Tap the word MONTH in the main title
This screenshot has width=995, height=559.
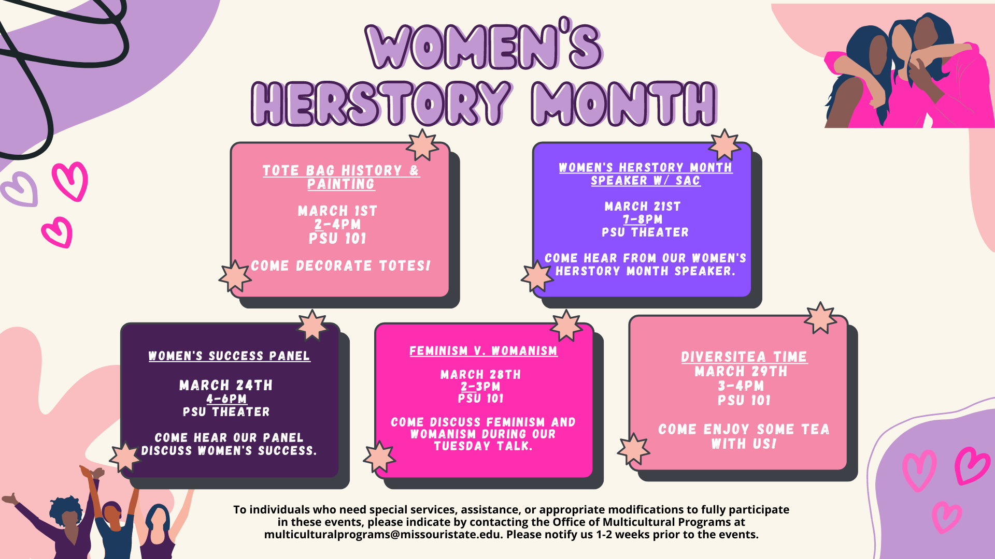click(623, 104)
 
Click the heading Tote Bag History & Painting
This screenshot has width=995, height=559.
click(341, 177)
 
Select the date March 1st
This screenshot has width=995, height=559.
click(337, 211)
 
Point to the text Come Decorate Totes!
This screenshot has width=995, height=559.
click(341, 266)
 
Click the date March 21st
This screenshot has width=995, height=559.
click(643, 207)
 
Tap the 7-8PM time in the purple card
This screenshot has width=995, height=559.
click(643, 219)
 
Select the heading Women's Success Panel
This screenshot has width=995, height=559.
click(229, 356)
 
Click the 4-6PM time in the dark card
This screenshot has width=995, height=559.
click(226, 399)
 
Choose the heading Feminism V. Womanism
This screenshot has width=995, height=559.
click(484, 351)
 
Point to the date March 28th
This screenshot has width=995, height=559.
click(480, 374)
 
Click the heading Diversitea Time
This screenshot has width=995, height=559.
click(744, 357)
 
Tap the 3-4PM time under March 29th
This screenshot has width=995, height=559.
click(741, 386)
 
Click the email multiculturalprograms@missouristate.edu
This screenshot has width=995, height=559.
click(382, 535)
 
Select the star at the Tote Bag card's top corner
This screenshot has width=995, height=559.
click(422, 145)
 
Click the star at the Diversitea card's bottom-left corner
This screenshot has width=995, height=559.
click(633, 449)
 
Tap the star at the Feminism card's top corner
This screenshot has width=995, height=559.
click(566, 326)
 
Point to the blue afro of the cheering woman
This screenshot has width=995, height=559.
click(66, 510)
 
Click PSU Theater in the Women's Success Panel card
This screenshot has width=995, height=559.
click(226, 412)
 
